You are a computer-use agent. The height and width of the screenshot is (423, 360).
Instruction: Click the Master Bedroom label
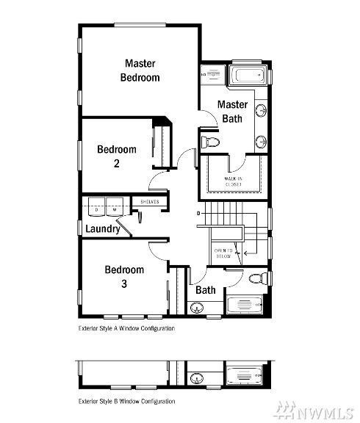click(x=140, y=70)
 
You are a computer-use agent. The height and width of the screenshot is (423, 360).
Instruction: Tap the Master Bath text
click(x=232, y=111)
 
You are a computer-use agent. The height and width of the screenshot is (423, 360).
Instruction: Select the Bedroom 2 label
click(x=117, y=156)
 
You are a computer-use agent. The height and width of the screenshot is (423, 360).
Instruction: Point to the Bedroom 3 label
click(x=123, y=275)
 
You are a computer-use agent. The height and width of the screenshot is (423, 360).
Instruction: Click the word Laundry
click(x=102, y=229)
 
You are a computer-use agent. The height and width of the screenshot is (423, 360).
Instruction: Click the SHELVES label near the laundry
click(x=149, y=201)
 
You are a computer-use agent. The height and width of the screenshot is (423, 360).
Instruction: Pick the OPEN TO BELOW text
click(x=223, y=253)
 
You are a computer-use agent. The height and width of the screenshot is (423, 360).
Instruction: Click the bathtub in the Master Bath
click(x=243, y=76)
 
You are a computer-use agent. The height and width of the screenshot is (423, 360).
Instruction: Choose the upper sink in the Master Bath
click(x=260, y=110)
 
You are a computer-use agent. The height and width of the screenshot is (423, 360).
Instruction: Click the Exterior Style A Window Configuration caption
click(x=126, y=329)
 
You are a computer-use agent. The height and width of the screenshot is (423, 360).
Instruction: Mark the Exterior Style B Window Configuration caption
click(x=126, y=401)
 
